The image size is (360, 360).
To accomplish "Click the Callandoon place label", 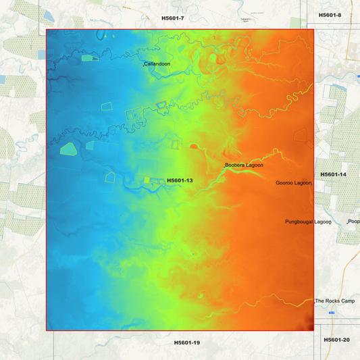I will [x=158, y=63].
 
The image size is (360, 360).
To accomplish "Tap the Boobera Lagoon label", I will [x=245, y=165].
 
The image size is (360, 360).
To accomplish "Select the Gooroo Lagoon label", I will [x=294, y=183].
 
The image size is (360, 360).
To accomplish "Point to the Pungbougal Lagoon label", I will [x=308, y=222].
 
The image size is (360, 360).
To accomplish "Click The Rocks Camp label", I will [x=335, y=301].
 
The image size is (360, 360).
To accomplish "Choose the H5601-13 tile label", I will [x=180, y=180].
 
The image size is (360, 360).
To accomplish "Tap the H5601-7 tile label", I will [x=173, y=18].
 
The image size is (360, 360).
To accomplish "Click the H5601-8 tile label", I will [x=330, y=15].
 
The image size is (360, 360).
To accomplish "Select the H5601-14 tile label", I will [x=334, y=174].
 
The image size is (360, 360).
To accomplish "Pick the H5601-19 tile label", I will [x=187, y=342].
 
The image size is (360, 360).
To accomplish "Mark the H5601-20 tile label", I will [x=336, y=340].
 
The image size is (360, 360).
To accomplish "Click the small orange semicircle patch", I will [x=194, y=145].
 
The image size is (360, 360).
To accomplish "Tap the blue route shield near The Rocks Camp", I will [x=332, y=313].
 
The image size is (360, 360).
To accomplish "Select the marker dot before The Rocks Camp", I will [x=315, y=301].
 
